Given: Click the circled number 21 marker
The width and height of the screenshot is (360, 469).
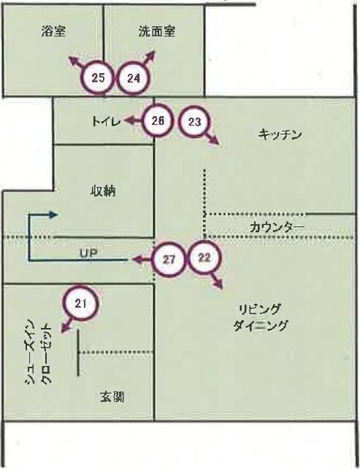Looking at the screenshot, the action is [80, 304].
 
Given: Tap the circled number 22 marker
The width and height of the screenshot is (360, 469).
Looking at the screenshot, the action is [204, 258].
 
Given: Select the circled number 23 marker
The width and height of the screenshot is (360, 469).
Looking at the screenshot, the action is [195, 122].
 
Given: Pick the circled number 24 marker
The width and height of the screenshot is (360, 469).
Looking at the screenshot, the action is [134, 78].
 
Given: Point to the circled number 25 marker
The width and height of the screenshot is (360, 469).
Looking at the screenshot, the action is [98, 78].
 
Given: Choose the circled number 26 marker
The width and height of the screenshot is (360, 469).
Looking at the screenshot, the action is [158, 121].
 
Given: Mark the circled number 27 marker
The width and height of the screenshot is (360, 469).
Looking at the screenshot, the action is [169, 259].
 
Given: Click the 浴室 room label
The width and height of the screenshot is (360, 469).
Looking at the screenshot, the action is [53, 31].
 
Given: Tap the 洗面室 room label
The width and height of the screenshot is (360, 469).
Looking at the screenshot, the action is [157, 31].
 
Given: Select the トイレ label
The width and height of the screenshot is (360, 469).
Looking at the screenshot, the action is [106, 121].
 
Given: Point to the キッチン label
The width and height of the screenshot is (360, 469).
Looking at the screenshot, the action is [280, 134].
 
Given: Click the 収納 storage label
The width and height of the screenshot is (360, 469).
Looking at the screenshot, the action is [103, 191].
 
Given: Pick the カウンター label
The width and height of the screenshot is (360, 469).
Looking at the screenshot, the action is [277, 228].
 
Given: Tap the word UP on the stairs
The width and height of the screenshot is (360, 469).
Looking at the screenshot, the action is [89, 253].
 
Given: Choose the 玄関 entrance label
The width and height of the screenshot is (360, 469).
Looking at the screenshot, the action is [112, 397].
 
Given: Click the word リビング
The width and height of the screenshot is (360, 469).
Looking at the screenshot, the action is [259, 309].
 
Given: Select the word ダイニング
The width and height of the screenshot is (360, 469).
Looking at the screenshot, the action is [260, 325].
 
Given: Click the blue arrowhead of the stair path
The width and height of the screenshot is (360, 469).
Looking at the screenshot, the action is [53, 215].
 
